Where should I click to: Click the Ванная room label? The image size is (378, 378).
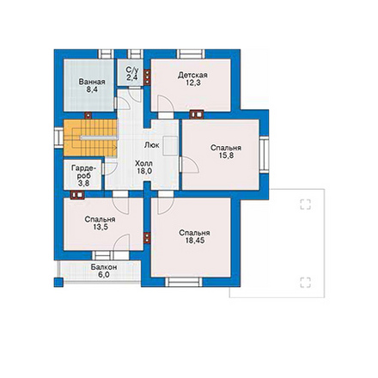[92, 82]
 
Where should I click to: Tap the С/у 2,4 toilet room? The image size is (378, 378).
[131, 72]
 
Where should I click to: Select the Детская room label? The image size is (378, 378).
[192, 76]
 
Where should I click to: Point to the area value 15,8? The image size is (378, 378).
[226, 155]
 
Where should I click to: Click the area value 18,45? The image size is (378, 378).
[195, 241]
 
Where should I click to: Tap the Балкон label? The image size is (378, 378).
[104, 267]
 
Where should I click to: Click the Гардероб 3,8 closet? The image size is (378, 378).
[82, 174]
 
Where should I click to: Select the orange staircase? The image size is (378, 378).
[90, 138]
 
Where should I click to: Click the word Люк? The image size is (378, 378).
[152, 145]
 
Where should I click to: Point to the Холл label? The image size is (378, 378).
[143, 164]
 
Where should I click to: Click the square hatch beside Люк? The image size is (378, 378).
[171, 146]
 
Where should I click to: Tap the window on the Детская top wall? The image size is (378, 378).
[191, 54]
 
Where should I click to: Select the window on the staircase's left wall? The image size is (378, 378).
[58, 138]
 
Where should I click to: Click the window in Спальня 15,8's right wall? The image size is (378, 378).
[264, 155]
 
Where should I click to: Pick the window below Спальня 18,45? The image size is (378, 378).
[184, 282]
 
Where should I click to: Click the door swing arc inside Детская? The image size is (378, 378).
[167, 103]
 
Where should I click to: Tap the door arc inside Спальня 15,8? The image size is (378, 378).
[190, 165]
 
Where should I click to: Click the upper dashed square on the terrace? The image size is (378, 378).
[305, 204]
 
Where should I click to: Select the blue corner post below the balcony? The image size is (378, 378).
[58, 283]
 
